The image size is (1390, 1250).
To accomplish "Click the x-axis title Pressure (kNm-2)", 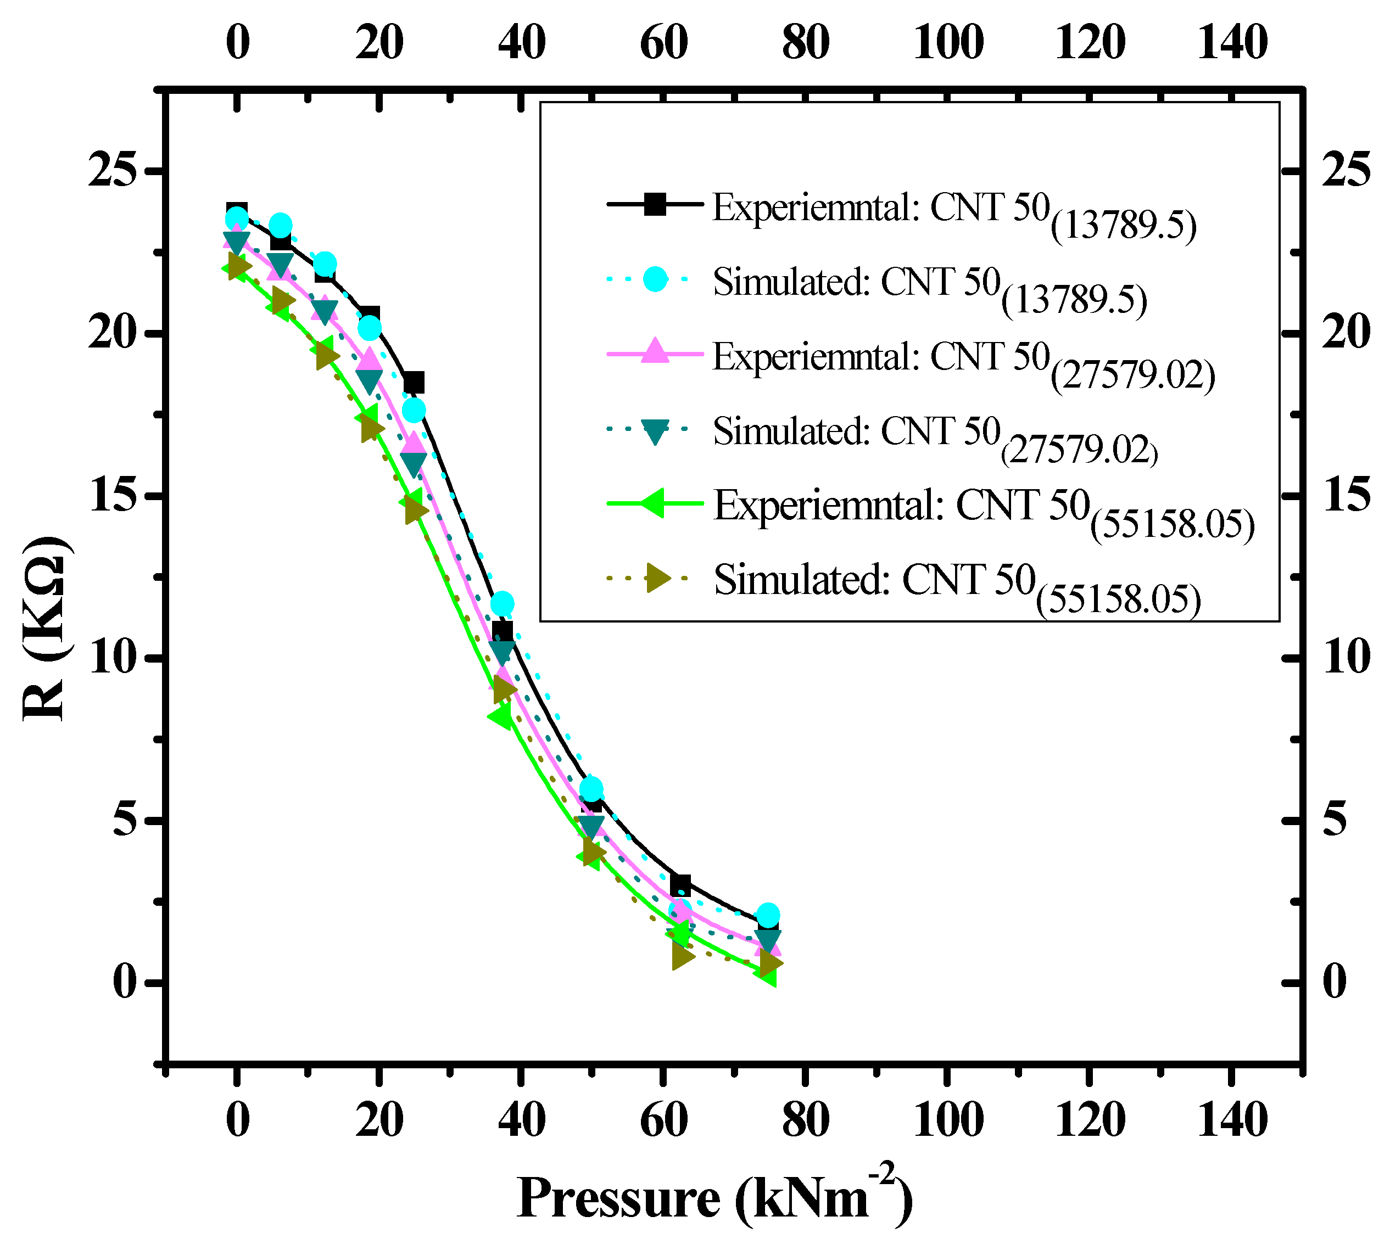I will point(714,1198).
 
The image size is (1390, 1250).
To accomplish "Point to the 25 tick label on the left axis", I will point(110,170).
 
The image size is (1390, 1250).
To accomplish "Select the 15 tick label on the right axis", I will point(1346,495).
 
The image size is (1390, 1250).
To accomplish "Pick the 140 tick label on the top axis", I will point(1232,43).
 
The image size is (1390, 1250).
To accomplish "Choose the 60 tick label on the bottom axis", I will point(664,1120).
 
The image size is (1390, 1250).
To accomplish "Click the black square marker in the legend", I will point(655,204).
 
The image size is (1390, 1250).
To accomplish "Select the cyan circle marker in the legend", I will point(655,279).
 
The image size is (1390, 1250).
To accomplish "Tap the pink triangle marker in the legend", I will point(655,352).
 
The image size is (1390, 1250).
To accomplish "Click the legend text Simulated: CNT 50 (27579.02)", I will point(935,438).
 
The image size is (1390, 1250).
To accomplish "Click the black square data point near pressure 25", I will point(413,383).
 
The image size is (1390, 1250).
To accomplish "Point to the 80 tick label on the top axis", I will point(805,43).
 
